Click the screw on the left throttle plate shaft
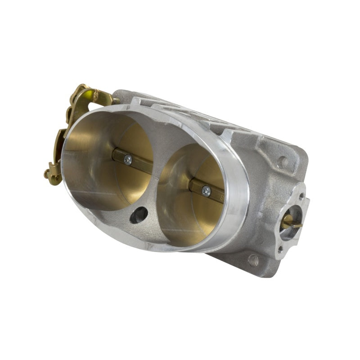pyautogui.click(x=128, y=159)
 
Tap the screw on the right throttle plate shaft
pyautogui.click(x=206, y=191)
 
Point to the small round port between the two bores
pyautogui.click(x=139, y=215)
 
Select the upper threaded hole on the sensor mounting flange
pyautogui.click(x=301, y=196)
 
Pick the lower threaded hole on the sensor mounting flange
pyautogui.click(x=280, y=248)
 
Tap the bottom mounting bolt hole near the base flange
pyautogui.click(x=253, y=260)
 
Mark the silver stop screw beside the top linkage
pyautogui.click(x=116, y=100)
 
